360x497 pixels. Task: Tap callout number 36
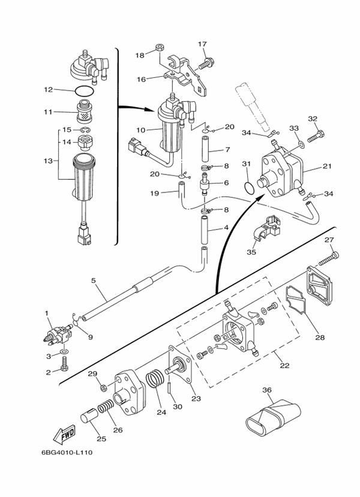(268, 390)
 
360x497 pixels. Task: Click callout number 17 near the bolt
(202, 44)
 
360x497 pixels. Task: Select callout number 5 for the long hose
(93, 280)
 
